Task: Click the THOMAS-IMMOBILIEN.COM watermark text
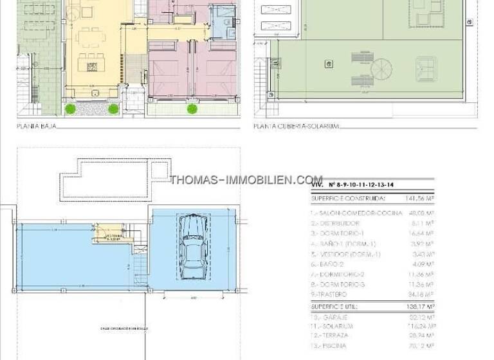click(246, 180)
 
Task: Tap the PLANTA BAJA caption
click(36, 126)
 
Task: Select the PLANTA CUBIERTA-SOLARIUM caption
click(296, 126)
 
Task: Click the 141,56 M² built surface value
click(419, 199)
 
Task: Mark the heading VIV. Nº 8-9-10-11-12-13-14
click(352, 185)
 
